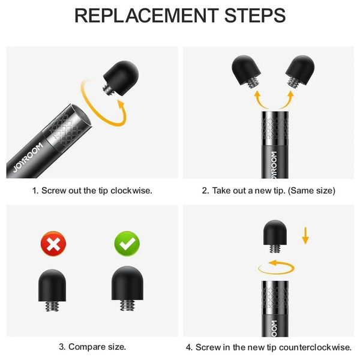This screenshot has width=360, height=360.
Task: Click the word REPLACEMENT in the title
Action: [x=146, y=16]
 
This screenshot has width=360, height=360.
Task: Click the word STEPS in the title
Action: [x=255, y=16]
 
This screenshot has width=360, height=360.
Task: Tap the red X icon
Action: [x=53, y=244]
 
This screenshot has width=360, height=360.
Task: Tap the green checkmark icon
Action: [x=127, y=244]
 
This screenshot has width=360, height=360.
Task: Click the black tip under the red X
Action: [x=52, y=290]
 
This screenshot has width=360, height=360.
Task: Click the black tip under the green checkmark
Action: [x=127, y=289]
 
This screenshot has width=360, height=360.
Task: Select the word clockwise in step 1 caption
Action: [x=131, y=191]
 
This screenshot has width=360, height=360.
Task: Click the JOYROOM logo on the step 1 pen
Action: [x=28, y=157]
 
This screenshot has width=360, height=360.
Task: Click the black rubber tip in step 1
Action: [x=121, y=79]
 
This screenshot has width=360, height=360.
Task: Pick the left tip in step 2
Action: [x=246, y=71]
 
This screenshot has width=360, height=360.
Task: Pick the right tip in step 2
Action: [x=300, y=71]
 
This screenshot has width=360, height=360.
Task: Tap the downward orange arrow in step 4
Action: [x=305, y=236]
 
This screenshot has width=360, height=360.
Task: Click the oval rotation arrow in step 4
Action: [x=276, y=273]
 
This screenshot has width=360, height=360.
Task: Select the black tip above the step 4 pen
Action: [x=275, y=236]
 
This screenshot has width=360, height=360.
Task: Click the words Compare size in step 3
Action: [x=97, y=347]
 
